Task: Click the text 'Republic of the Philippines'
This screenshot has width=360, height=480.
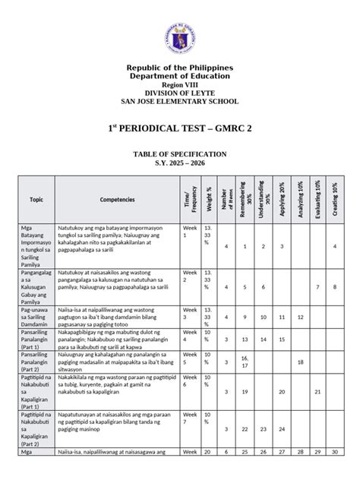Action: [x=180, y=68]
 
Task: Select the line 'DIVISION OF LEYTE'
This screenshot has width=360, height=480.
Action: [x=180, y=93]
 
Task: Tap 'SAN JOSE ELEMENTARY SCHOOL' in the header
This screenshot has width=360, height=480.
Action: [x=180, y=102]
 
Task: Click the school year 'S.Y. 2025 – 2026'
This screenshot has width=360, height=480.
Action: [x=180, y=163]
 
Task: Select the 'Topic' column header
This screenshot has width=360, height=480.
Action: [x=36, y=200]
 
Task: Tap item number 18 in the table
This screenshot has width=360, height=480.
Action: [x=300, y=362]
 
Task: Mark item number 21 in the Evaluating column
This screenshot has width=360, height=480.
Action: [x=317, y=391]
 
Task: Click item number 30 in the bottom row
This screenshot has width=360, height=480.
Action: [x=335, y=473]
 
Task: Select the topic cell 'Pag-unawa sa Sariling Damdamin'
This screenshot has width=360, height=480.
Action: [x=36, y=317]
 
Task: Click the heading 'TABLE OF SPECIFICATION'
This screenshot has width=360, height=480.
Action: [x=180, y=153]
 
